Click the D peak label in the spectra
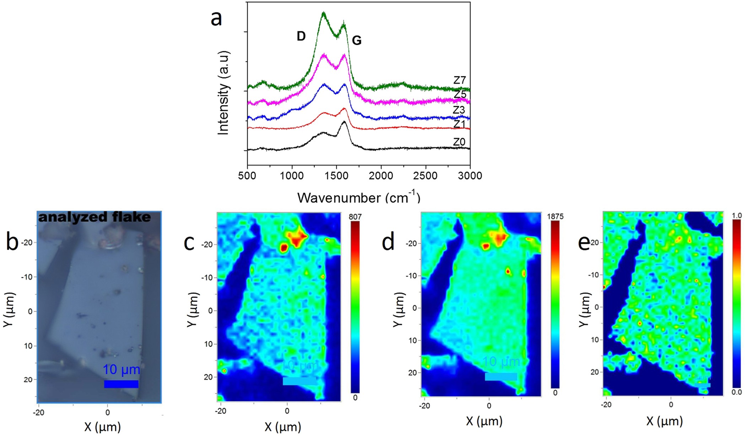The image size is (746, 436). tap(301, 36)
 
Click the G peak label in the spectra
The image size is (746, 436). tap(356, 41)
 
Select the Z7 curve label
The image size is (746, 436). tap(459, 80)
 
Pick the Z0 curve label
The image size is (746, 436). tap(459, 142)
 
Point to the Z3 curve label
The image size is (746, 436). tap(459, 110)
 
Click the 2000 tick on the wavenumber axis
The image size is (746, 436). tap(381, 175)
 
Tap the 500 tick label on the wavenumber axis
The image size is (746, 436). tap(247, 175)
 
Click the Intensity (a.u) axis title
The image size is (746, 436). tap(223, 93)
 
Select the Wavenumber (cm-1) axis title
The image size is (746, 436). tap(359, 197)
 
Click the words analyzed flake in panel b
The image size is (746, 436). tap(94, 217)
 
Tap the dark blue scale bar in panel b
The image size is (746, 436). tap(121, 384)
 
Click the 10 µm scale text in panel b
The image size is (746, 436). tap(121, 370)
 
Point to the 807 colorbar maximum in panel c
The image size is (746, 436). tap(355, 216)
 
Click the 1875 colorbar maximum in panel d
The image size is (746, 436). tap(555, 216)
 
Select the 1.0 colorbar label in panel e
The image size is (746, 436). tap(737, 216)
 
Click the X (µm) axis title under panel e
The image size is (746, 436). tap(664, 421)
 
